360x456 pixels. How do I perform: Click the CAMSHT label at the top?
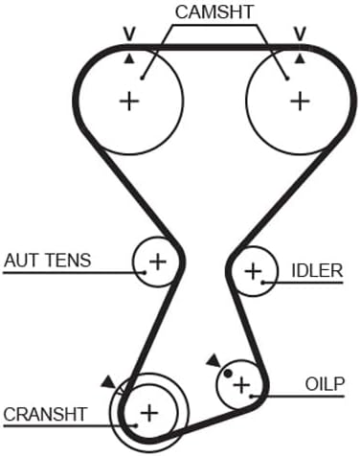pos(214,12)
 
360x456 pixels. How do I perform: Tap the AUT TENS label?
pos(48,260)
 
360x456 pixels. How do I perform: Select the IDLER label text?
pos(317,270)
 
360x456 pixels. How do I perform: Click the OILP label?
pos(325,384)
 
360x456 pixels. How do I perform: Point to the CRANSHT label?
pos(45,414)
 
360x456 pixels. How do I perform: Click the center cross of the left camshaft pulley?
pos(129,102)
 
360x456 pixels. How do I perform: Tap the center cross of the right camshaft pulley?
pos(300,102)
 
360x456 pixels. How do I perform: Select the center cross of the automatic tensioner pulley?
pos(158,262)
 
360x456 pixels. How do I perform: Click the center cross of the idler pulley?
pos(253,271)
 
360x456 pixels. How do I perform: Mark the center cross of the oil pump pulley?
pos(241,385)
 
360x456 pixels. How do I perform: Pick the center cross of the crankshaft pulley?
pos(149,413)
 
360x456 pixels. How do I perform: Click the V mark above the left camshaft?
pos(129,34)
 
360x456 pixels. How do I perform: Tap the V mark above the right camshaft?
pos(300,34)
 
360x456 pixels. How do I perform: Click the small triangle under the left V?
pos(129,58)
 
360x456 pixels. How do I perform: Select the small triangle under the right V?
pos(300,58)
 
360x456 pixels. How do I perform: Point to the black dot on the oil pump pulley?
pos(227,373)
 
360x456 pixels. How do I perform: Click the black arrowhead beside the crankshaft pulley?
pos(108,382)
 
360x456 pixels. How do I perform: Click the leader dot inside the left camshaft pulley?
pos(143,78)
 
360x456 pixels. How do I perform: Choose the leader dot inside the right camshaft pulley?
pos(287,78)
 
